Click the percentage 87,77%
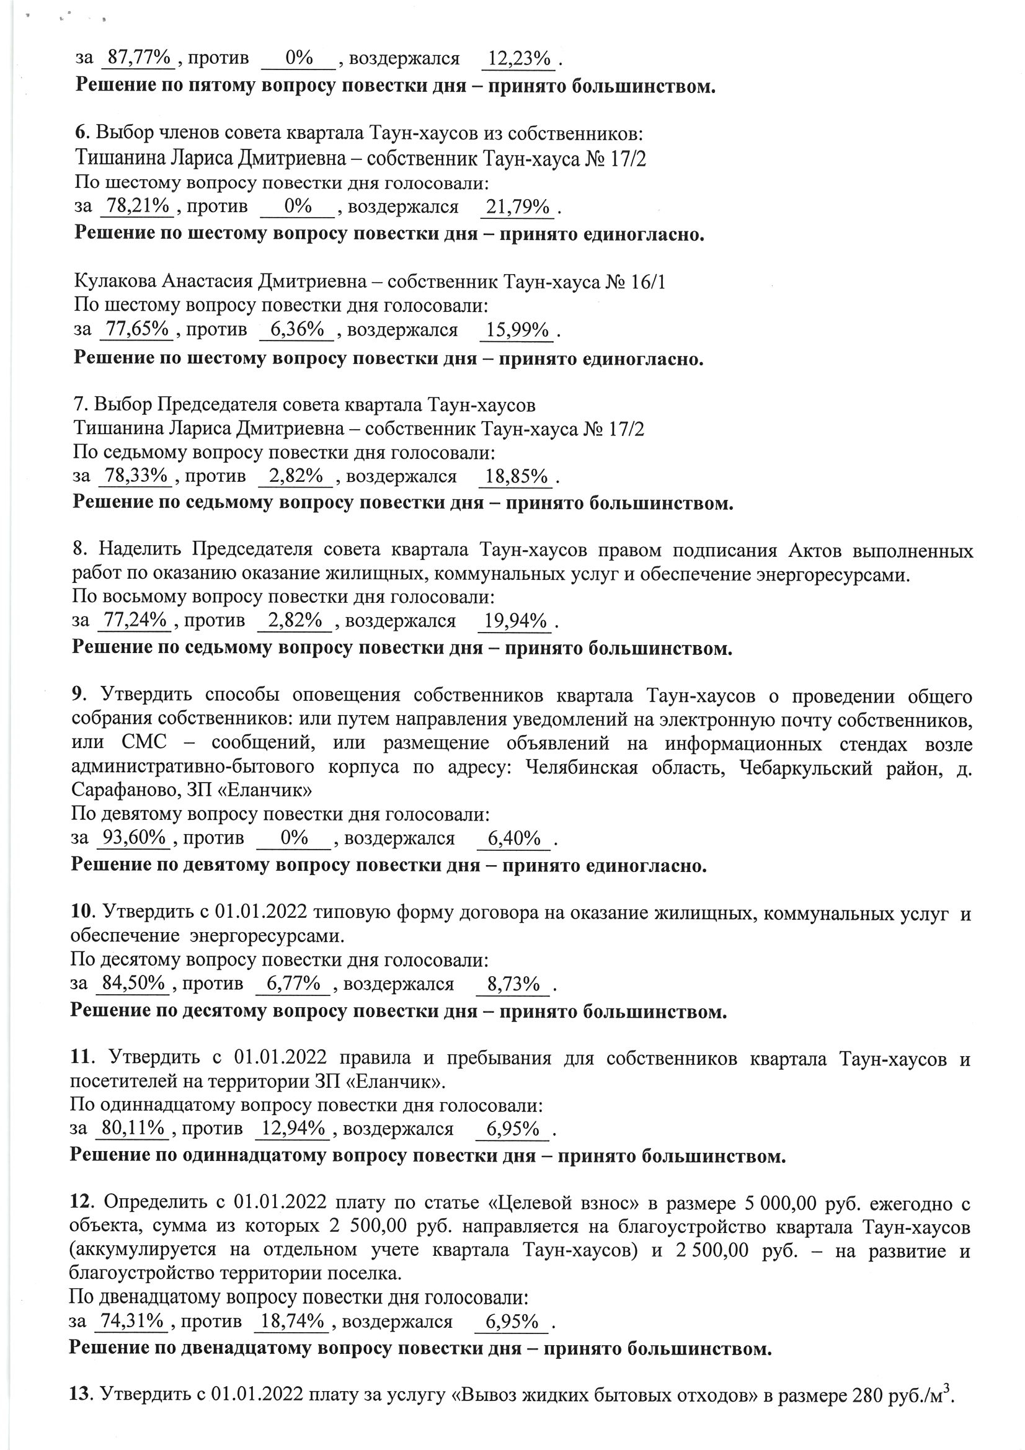click(139, 58)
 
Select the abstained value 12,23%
click(519, 59)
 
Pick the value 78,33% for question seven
click(136, 476)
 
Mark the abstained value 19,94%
click(515, 621)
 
